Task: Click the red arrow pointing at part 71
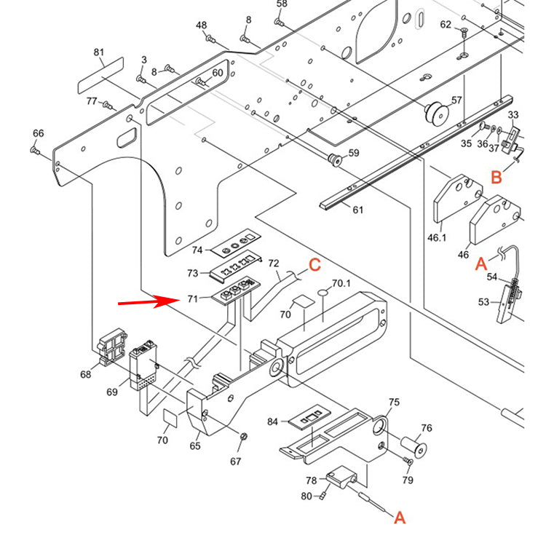pos(149,301)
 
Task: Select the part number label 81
pos(99,52)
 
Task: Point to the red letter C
pos(314,264)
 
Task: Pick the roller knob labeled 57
pos(435,114)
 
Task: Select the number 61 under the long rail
pos(357,210)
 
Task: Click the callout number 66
pos(38,133)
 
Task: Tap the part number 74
pos(197,250)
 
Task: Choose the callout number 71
pos(192,298)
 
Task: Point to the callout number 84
pos(272,422)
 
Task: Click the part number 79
pos(408,480)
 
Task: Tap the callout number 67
pos(235,461)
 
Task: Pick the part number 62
pos(446,25)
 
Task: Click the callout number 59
pos(354,153)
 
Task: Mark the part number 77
pos(92,101)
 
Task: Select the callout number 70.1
pos(341,283)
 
